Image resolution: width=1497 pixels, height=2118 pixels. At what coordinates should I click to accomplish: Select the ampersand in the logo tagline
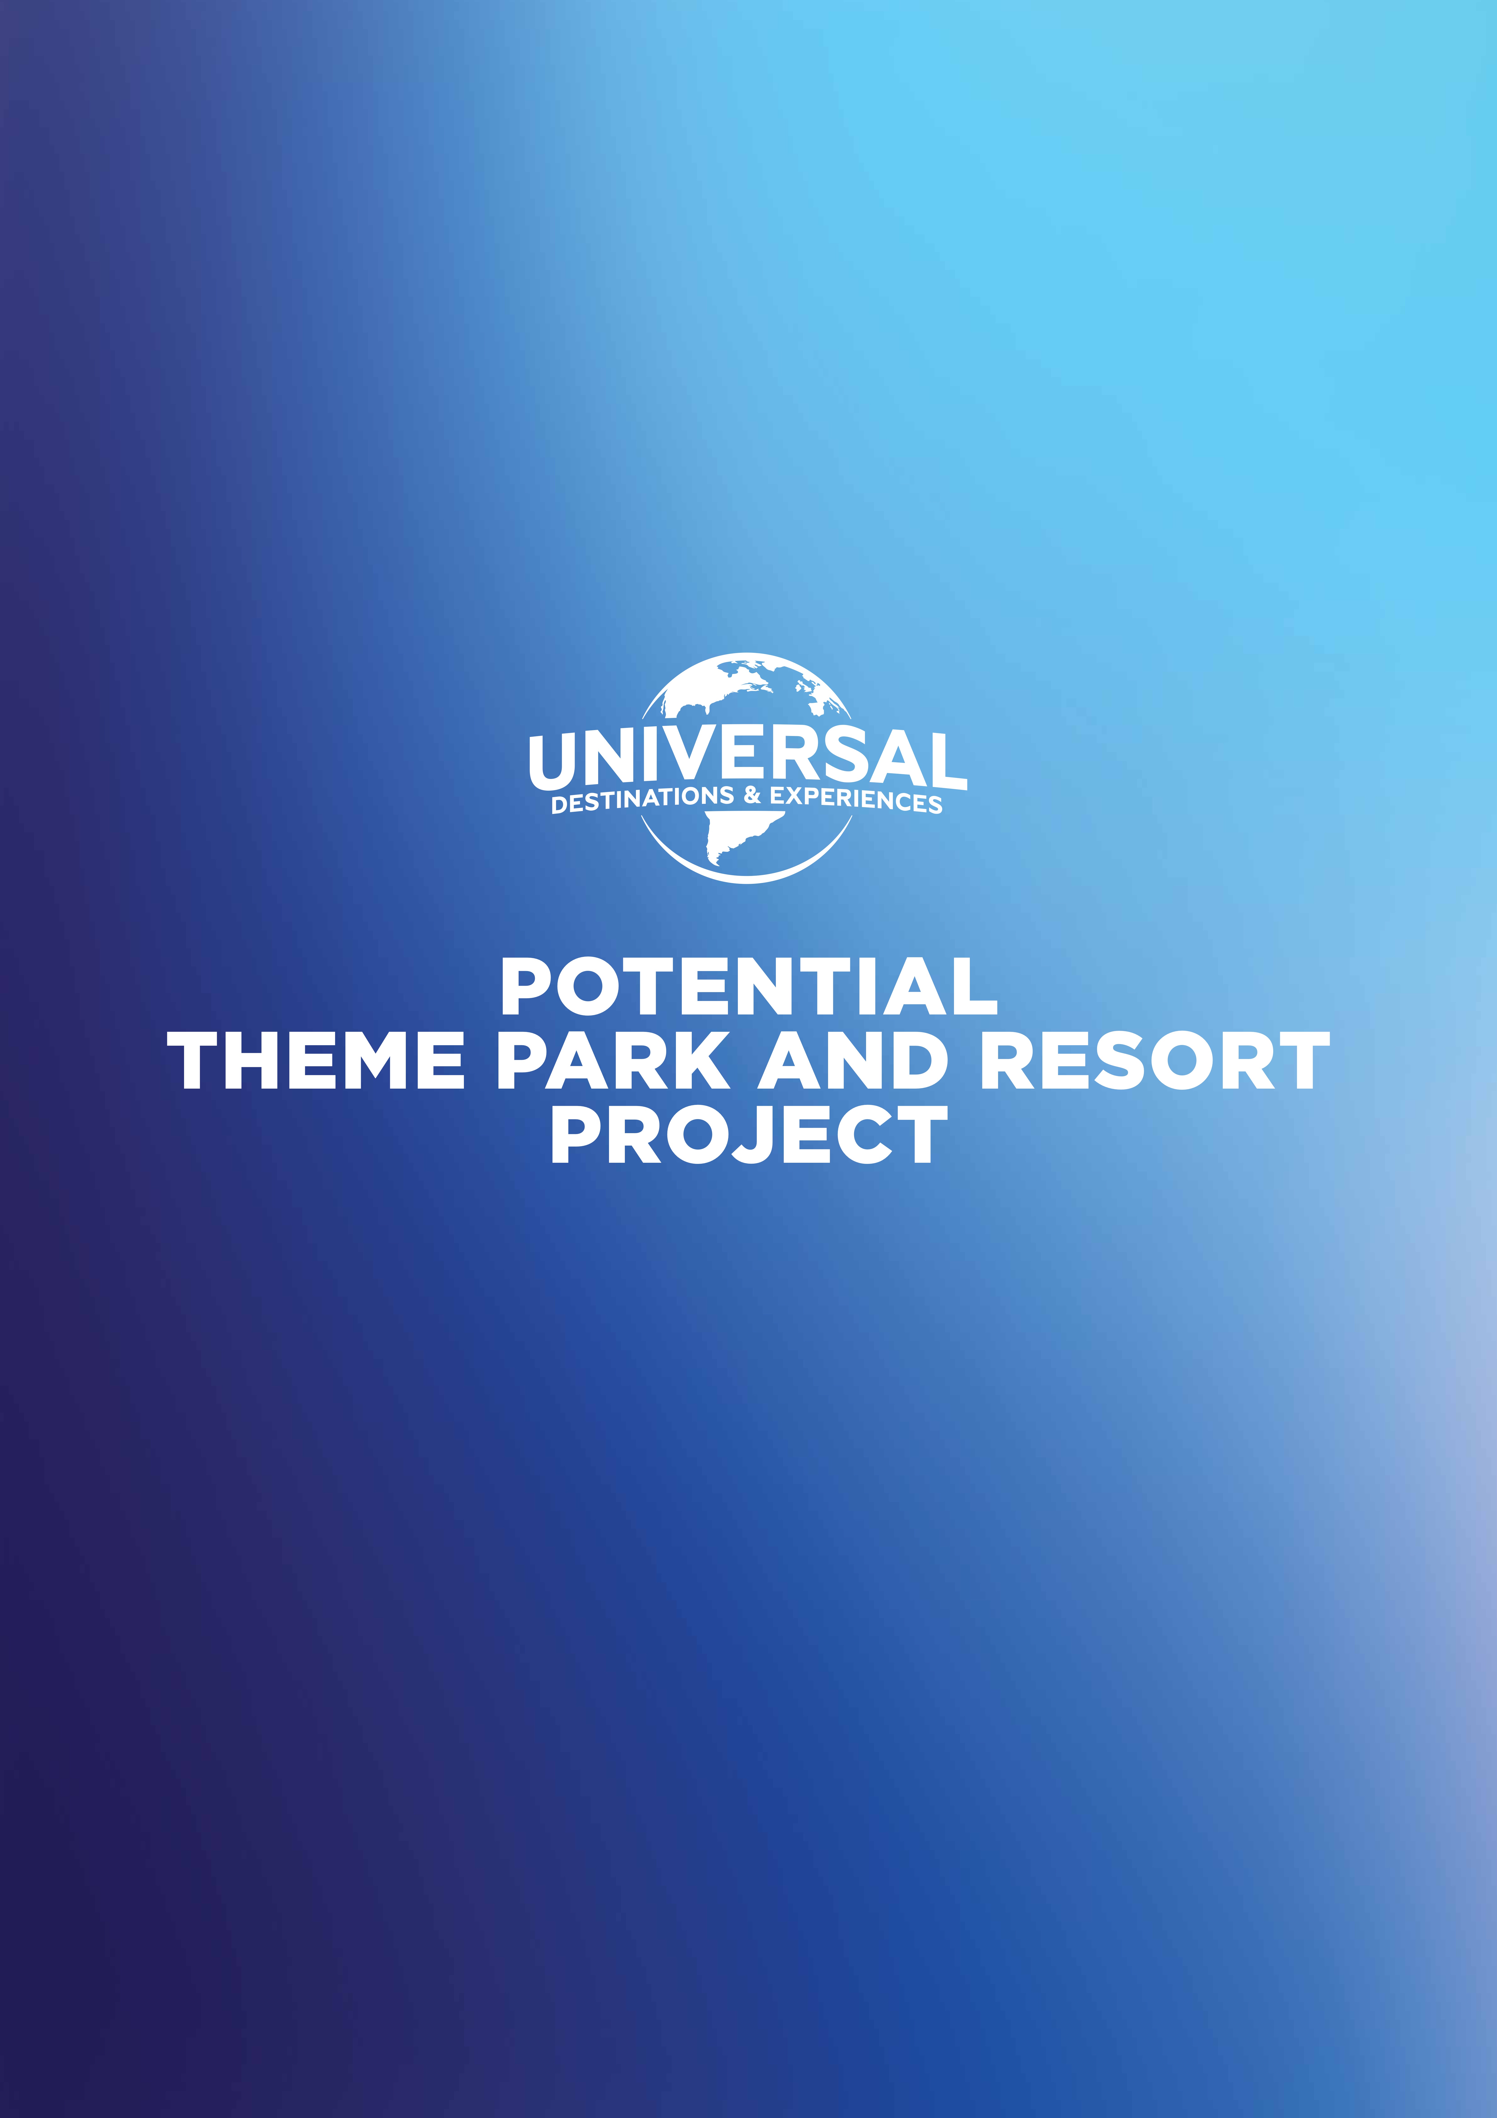click(x=752, y=795)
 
